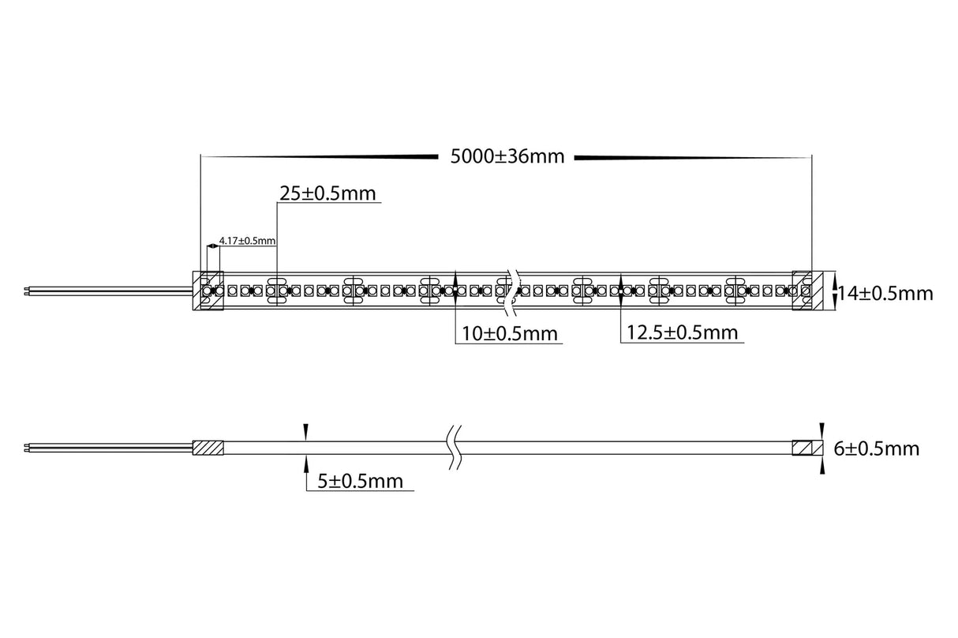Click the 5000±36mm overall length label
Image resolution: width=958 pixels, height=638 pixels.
[x=507, y=156]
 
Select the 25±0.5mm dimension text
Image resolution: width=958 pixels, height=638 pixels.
[x=327, y=193]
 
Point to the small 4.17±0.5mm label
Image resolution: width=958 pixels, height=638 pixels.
[x=247, y=239]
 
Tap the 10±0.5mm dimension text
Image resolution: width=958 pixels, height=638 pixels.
[x=510, y=334]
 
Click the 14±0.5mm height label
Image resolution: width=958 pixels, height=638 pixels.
[x=885, y=294]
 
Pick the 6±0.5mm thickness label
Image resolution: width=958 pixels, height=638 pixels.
[x=877, y=449]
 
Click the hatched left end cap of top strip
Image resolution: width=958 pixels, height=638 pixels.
[x=209, y=291]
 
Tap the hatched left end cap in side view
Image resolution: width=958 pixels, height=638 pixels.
[x=209, y=448]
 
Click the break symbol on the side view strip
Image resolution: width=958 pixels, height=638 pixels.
[x=453, y=448]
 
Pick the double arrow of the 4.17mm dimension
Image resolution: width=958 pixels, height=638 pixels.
[x=212, y=247]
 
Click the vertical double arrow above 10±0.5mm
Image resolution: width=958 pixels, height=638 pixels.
[x=456, y=291]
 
